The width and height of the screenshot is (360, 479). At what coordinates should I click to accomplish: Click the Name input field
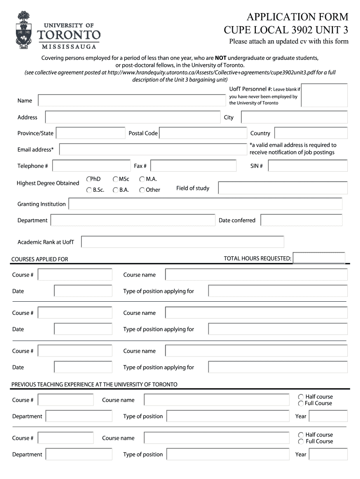[131, 101]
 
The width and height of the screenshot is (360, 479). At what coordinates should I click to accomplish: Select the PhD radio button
[89, 179]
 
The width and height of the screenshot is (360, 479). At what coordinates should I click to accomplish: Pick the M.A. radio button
[142, 179]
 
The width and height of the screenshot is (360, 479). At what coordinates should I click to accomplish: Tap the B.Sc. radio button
[89, 190]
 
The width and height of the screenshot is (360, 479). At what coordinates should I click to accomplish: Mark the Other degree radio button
[142, 190]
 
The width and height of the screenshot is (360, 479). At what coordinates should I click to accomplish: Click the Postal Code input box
[203, 133]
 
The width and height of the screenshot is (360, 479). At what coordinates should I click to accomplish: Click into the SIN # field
[308, 166]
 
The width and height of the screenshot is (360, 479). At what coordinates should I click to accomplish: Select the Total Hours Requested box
[319, 258]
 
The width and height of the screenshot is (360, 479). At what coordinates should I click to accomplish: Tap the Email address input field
[153, 150]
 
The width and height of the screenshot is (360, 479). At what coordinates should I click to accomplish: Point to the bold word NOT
[221, 58]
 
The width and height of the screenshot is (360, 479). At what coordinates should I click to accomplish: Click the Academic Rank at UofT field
[182, 242]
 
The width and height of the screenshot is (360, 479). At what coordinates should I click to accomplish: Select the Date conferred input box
[301, 220]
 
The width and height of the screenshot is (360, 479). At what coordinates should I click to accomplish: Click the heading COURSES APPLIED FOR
[40, 259]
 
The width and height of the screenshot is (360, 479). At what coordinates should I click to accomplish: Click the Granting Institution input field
[205, 204]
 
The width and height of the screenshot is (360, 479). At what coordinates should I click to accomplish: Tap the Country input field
[311, 133]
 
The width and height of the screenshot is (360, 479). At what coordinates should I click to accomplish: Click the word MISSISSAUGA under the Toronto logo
[69, 46]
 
